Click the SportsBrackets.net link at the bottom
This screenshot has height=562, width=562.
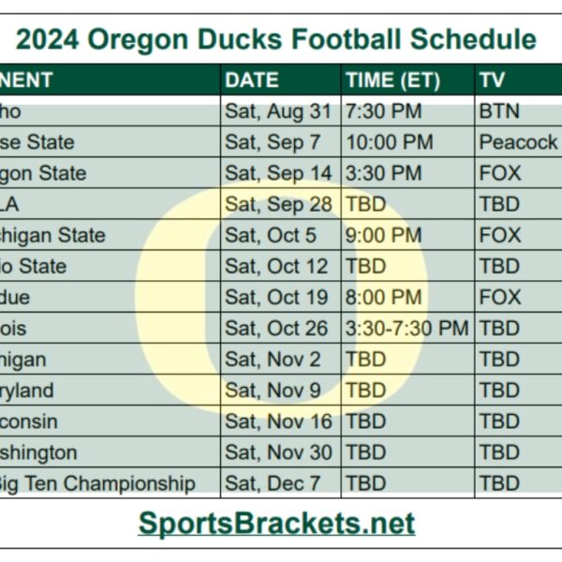point(276,522)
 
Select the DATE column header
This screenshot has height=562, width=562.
point(252,81)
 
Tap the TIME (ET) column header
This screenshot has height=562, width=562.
point(392,81)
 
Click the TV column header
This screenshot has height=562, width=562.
point(493,81)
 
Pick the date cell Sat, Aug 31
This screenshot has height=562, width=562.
point(278,111)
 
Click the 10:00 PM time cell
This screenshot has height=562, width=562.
point(389,142)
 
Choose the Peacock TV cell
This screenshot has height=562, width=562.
point(518,142)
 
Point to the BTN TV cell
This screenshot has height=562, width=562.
point(499,111)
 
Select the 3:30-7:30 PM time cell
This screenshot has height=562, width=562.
point(407,328)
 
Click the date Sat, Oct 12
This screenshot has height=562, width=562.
point(277,266)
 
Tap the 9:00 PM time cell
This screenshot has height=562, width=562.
point(383,235)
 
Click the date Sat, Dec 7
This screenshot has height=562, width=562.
point(273,483)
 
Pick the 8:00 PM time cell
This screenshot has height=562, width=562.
point(383,297)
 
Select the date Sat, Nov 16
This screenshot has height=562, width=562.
point(278,421)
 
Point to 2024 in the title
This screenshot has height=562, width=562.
point(48,40)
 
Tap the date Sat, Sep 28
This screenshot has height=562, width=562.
point(278,204)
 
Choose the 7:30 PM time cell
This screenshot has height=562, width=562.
point(383,111)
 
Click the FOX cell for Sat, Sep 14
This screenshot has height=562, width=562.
point(500,173)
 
